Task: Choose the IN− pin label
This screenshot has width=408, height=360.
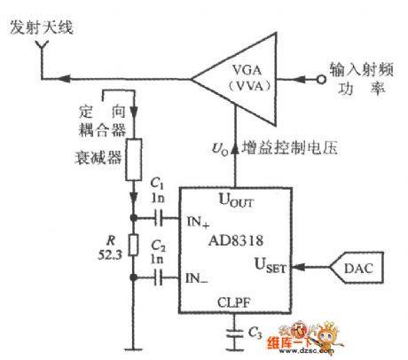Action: point(197,278)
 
